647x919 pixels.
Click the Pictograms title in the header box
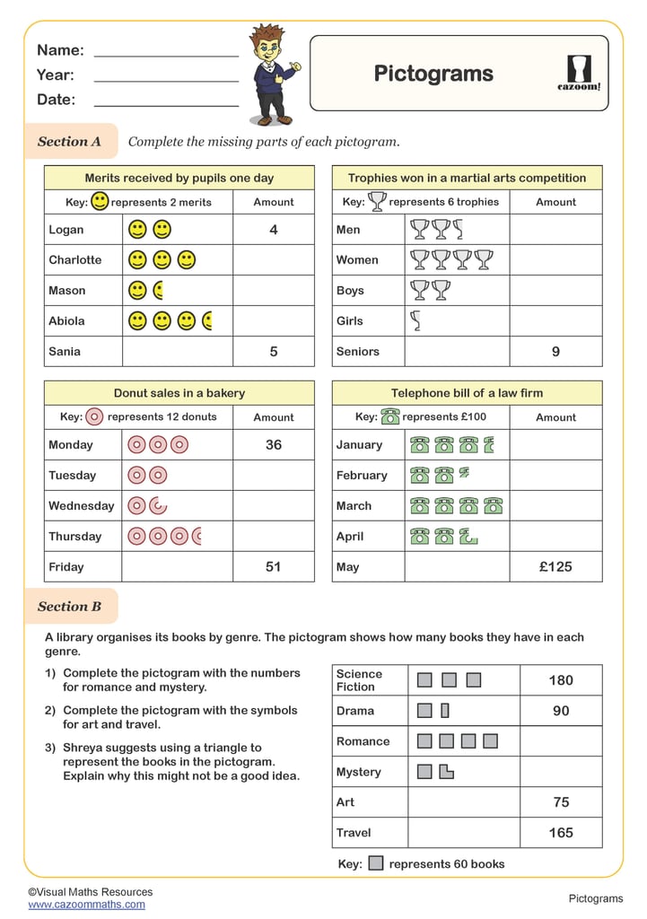click(x=433, y=74)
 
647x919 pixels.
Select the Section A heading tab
click(x=70, y=142)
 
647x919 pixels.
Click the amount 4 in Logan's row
click(x=274, y=230)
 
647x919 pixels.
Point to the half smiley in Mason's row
click(x=158, y=291)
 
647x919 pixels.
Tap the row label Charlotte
click(x=75, y=260)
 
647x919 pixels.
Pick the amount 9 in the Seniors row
click(x=555, y=352)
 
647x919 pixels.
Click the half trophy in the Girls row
click(x=415, y=320)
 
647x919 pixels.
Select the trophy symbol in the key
click(x=377, y=202)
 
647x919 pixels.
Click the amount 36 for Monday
click(x=274, y=445)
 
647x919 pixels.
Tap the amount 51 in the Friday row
click(x=274, y=567)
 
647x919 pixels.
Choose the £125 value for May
click(x=555, y=567)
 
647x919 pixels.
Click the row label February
click(x=362, y=476)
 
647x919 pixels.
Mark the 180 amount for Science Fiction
click(x=561, y=680)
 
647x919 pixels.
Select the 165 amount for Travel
click(x=561, y=833)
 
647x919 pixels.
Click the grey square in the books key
click(x=376, y=863)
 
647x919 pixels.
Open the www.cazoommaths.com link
click(x=86, y=905)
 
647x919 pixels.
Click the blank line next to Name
click(x=166, y=54)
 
